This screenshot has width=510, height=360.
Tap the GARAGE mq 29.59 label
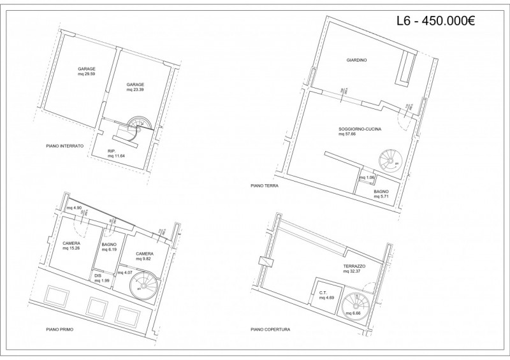87,71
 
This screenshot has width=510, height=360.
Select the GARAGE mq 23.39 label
135,87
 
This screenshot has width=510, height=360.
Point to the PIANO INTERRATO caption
65,146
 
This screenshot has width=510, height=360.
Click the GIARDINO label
356,61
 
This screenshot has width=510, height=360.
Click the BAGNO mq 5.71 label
382,194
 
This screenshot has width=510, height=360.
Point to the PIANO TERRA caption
266,187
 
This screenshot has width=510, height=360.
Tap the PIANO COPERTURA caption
270,330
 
